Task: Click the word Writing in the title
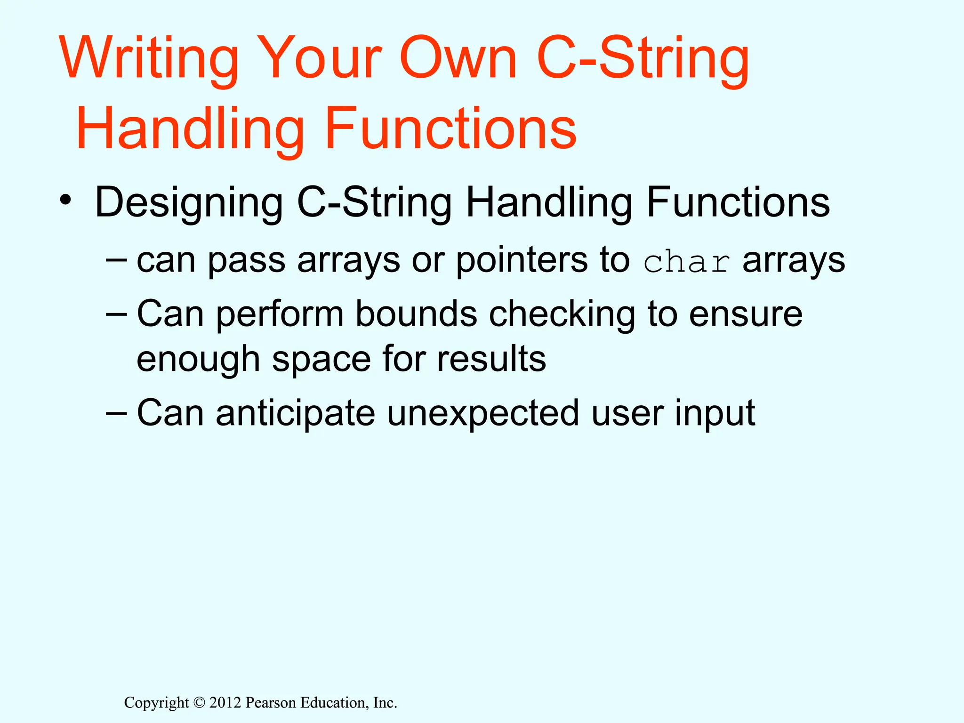pos(149,59)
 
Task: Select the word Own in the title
pos(458,59)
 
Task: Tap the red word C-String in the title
pos(643,59)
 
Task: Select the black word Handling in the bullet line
pos(549,202)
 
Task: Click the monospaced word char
pos(687,263)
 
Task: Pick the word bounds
pos(416,314)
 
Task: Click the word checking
pos(562,315)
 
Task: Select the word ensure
pos(746,314)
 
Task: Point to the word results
pos(491,359)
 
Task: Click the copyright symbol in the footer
pos(200,703)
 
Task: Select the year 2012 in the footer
pos(225,703)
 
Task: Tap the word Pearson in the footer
pos(271,703)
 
